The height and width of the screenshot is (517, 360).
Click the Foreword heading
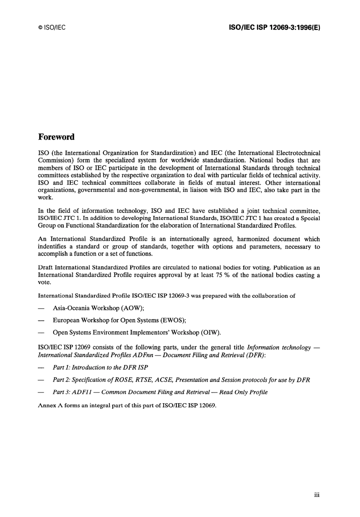point(56,137)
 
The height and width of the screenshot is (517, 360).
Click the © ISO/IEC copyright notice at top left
point(52,28)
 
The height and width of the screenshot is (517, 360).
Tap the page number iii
point(317,495)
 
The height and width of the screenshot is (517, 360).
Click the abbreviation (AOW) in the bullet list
point(132,308)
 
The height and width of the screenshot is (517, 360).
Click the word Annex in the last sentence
point(47,405)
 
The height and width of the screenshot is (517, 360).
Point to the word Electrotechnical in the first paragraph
point(296,153)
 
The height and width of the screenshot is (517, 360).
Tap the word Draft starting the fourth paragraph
point(45,267)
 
